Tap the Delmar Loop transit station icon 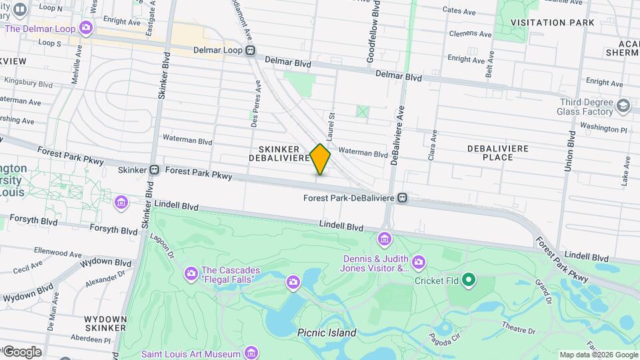pyautogui.click(x=251, y=50)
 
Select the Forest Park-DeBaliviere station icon pyautogui.click(x=402, y=198)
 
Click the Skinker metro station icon pyautogui.click(x=154, y=170)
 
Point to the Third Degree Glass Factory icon pyautogui.click(x=623, y=105)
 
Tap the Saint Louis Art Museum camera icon pyautogui.click(x=251, y=353)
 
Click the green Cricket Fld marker pyautogui.click(x=469, y=280)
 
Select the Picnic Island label pyautogui.click(x=327, y=333)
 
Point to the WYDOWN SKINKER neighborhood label pyautogui.click(x=105, y=323)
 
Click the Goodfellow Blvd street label pyautogui.click(x=376, y=32)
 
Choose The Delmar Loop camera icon pyautogui.click(x=85, y=28)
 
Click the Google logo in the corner pyautogui.click(x=22, y=352)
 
